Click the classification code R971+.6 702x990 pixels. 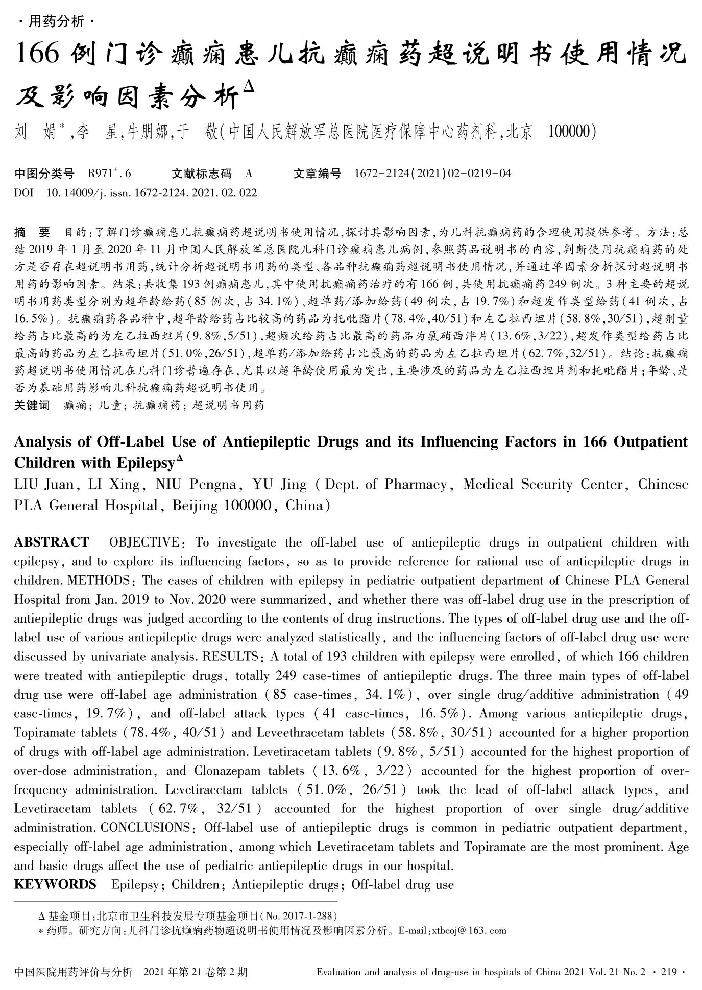109,174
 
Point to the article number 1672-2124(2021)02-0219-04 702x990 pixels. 432,174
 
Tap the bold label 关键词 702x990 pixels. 32,406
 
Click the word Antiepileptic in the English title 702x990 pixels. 266,442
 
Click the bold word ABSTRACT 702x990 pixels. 51,542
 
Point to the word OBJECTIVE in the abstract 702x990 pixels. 144,542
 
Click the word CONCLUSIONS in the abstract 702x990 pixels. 146,827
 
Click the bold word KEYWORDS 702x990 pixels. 55,884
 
